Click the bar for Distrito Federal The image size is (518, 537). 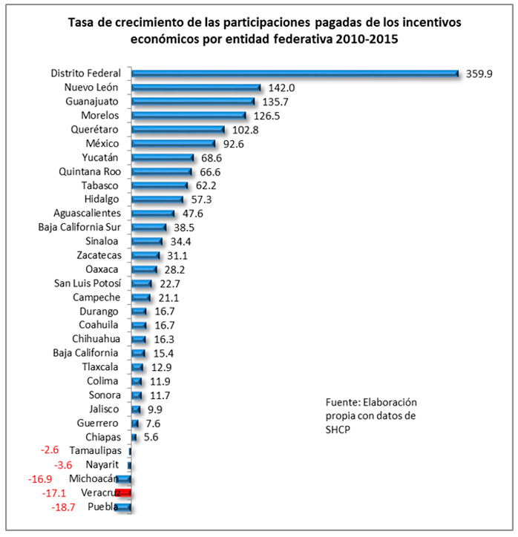[295, 73]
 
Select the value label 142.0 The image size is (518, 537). [281, 88]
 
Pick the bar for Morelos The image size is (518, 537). [188, 116]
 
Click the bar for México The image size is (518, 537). [173, 144]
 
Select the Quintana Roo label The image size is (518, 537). [95, 172]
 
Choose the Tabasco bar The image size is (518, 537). [160, 185]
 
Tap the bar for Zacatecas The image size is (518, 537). [145, 255]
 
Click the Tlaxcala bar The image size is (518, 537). [137, 367]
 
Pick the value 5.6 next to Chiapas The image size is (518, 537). [151, 438]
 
